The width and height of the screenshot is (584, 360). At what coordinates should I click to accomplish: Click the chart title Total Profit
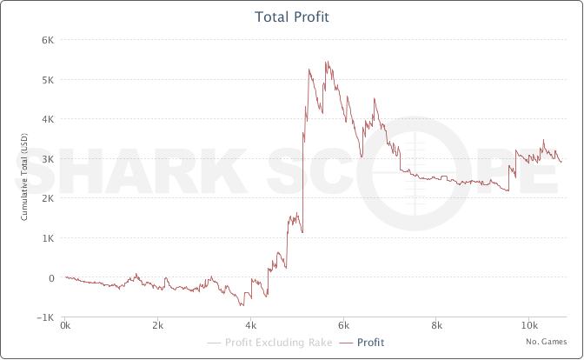click(292, 17)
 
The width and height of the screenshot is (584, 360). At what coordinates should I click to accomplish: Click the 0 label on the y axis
click(52, 278)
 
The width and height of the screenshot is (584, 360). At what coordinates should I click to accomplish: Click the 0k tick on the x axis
click(65, 327)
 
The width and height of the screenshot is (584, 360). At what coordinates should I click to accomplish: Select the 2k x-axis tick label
click(157, 327)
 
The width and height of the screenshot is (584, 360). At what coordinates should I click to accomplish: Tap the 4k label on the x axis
click(250, 327)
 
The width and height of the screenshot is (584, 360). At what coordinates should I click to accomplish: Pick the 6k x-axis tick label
click(343, 327)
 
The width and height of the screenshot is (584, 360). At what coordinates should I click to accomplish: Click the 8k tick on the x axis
click(436, 327)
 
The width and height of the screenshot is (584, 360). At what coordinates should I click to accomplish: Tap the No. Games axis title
click(546, 342)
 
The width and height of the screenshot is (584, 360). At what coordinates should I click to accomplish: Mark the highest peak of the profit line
click(326, 61)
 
